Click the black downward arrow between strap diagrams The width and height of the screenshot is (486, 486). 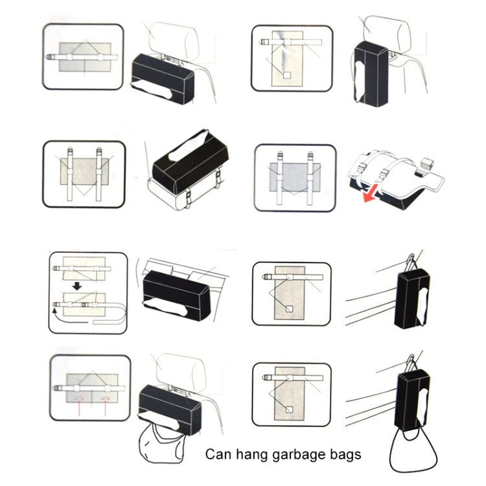[x=76, y=286]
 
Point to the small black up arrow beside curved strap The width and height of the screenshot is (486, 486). [x=55, y=312]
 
